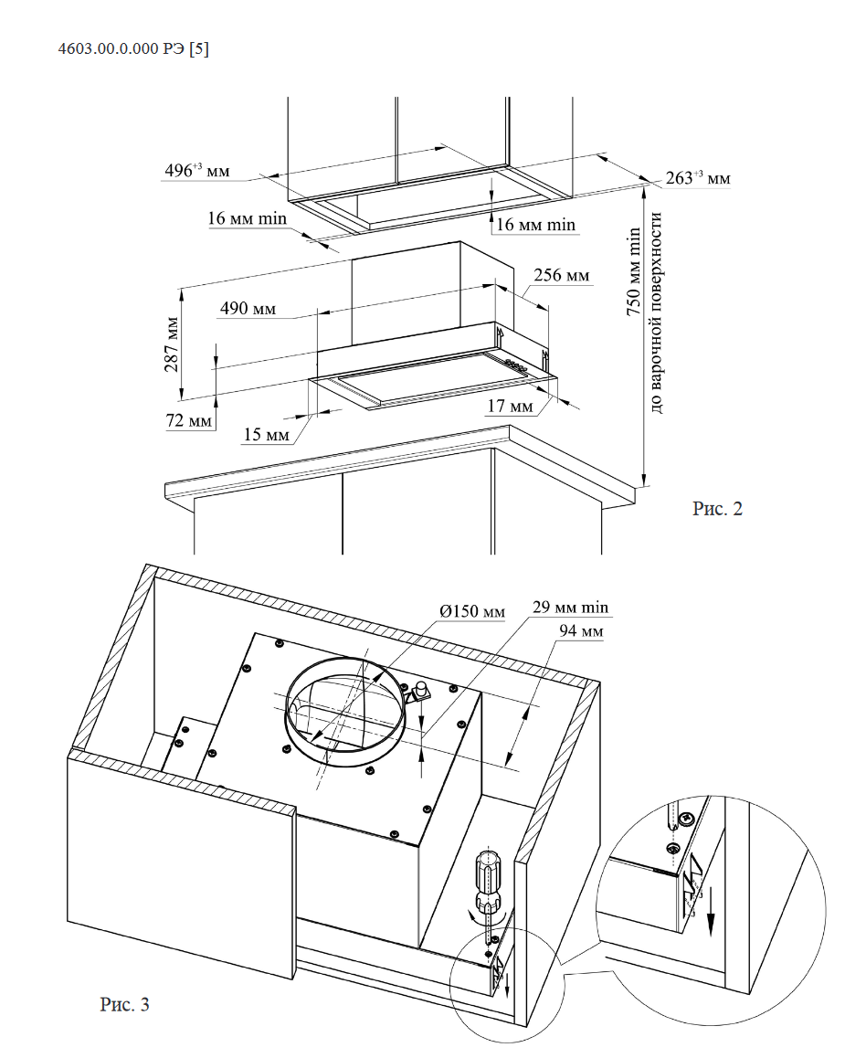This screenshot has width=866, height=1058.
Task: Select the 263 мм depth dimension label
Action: pyautogui.click(x=698, y=178)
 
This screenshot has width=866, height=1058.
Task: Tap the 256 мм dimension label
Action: pyautogui.click(x=560, y=275)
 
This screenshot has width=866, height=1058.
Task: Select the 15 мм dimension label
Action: pyautogui.click(x=266, y=435)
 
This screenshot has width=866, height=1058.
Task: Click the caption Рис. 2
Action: pyautogui.click(x=717, y=510)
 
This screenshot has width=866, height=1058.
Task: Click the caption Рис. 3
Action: pyautogui.click(x=124, y=1005)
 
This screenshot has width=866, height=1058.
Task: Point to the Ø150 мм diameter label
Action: pyautogui.click(x=471, y=611)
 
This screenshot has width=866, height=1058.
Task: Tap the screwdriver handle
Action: pyautogui.click(x=488, y=876)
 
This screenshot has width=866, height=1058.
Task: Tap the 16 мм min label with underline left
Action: pyautogui.click(x=248, y=218)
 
